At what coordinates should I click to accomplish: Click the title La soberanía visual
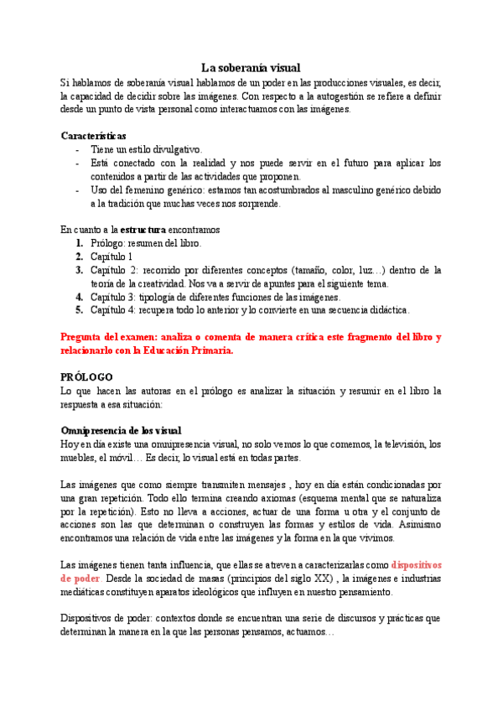[x=251, y=67]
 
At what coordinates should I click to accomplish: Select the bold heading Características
[x=94, y=135]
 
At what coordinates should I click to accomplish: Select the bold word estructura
[x=143, y=229]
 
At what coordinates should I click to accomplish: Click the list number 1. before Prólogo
[x=80, y=242]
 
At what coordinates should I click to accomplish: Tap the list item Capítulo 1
[x=111, y=256]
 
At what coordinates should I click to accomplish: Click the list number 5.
[x=80, y=310]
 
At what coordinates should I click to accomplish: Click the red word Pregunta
[x=85, y=337]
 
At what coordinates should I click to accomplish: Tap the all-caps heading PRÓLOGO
[x=87, y=377]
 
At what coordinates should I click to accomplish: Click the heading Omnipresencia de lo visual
[x=121, y=430]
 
